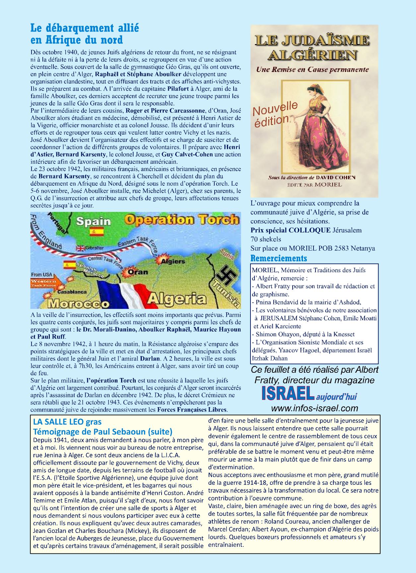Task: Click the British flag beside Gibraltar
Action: pyautogui.click(x=81, y=248)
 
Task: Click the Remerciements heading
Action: pyautogui.click(x=279, y=258)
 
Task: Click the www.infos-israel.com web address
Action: pyautogui.click(x=314, y=408)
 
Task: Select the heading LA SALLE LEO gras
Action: pyautogui.click(x=67, y=422)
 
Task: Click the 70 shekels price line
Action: pyautogui.click(x=266, y=239)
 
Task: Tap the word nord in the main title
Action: pyautogui.click(x=109, y=40)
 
